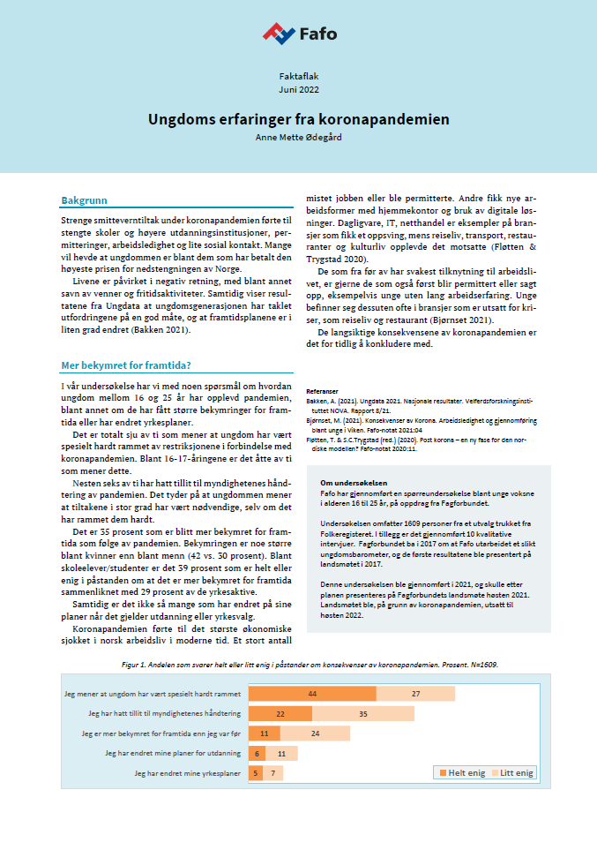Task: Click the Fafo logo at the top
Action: tap(297, 34)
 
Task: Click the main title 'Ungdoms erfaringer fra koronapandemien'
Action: tap(298, 119)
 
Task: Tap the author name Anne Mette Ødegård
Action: tap(298, 137)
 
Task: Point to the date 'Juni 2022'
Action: tap(298, 89)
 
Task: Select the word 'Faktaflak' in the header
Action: tap(298, 77)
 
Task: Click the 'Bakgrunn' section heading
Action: tap(84, 200)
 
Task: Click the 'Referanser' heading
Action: tap(323, 391)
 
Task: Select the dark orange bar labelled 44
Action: tap(312, 694)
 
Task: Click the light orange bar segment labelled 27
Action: tap(415, 694)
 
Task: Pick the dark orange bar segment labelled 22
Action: tap(280, 713)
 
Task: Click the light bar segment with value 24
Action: tap(316, 733)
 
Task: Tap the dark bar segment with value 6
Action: tap(257, 753)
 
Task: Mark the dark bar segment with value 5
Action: tap(256, 772)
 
